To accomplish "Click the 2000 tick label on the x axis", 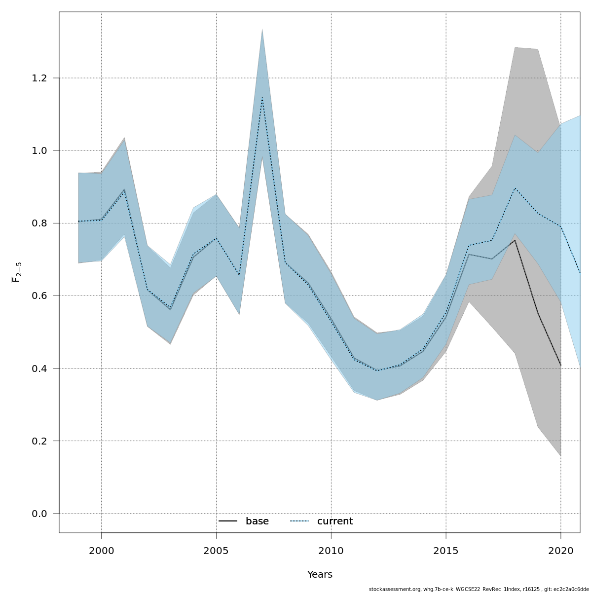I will pyautogui.click(x=101, y=551).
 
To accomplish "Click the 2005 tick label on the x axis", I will pyautogui.click(x=216, y=551).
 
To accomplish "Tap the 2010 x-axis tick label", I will pyautogui.click(x=331, y=551).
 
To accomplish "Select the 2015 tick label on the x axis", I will pyautogui.click(x=446, y=551).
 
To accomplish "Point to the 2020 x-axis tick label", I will pyautogui.click(x=561, y=551).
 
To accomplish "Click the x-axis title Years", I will pyautogui.click(x=320, y=575).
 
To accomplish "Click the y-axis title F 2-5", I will pyautogui.click(x=16, y=272).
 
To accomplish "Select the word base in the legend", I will pyautogui.click(x=257, y=521).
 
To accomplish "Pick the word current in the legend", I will pyautogui.click(x=335, y=521).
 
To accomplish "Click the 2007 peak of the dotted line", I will pyautogui.click(x=262, y=98).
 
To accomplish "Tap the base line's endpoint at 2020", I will pyautogui.click(x=561, y=365).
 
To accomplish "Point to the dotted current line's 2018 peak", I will pyautogui.click(x=515, y=188).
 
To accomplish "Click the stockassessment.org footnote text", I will pyautogui.click(x=479, y=589).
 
